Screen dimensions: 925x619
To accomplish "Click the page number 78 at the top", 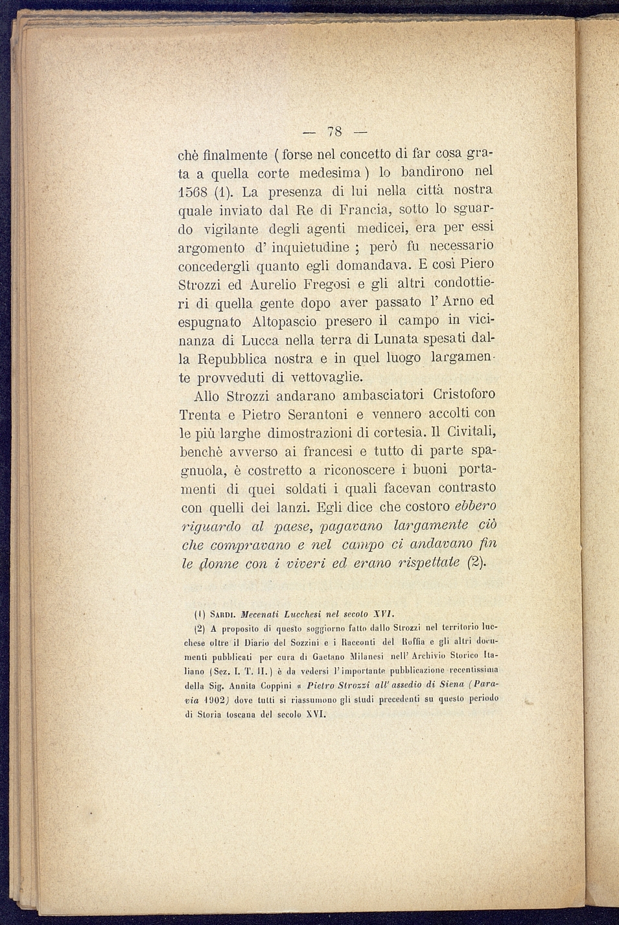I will point(334,131).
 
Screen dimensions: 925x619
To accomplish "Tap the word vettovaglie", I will point(326,377).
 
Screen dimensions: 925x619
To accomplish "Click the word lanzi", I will point(285,507).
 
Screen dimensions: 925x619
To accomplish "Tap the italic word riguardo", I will point(209,527).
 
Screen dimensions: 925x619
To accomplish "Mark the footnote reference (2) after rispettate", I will point(476,563).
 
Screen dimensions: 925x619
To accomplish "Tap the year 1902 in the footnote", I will point(214,700).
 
